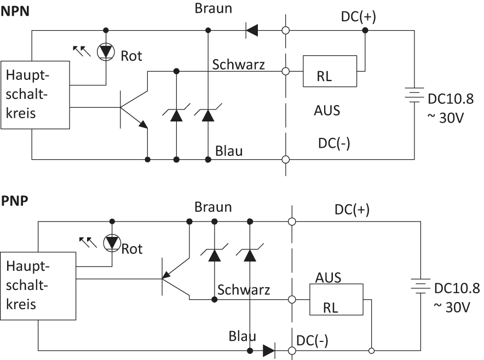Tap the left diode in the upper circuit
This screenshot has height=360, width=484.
point(175,113)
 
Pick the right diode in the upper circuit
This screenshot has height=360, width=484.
point(207,113)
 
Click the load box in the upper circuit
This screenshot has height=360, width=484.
point(331,70)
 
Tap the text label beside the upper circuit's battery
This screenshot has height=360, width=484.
point(451,98)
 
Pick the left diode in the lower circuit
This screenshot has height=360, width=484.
point(213,252)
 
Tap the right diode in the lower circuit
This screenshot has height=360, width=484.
point(249,252)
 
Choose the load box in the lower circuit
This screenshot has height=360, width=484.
point(334,300)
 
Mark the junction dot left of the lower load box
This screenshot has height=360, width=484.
point(292,298)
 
